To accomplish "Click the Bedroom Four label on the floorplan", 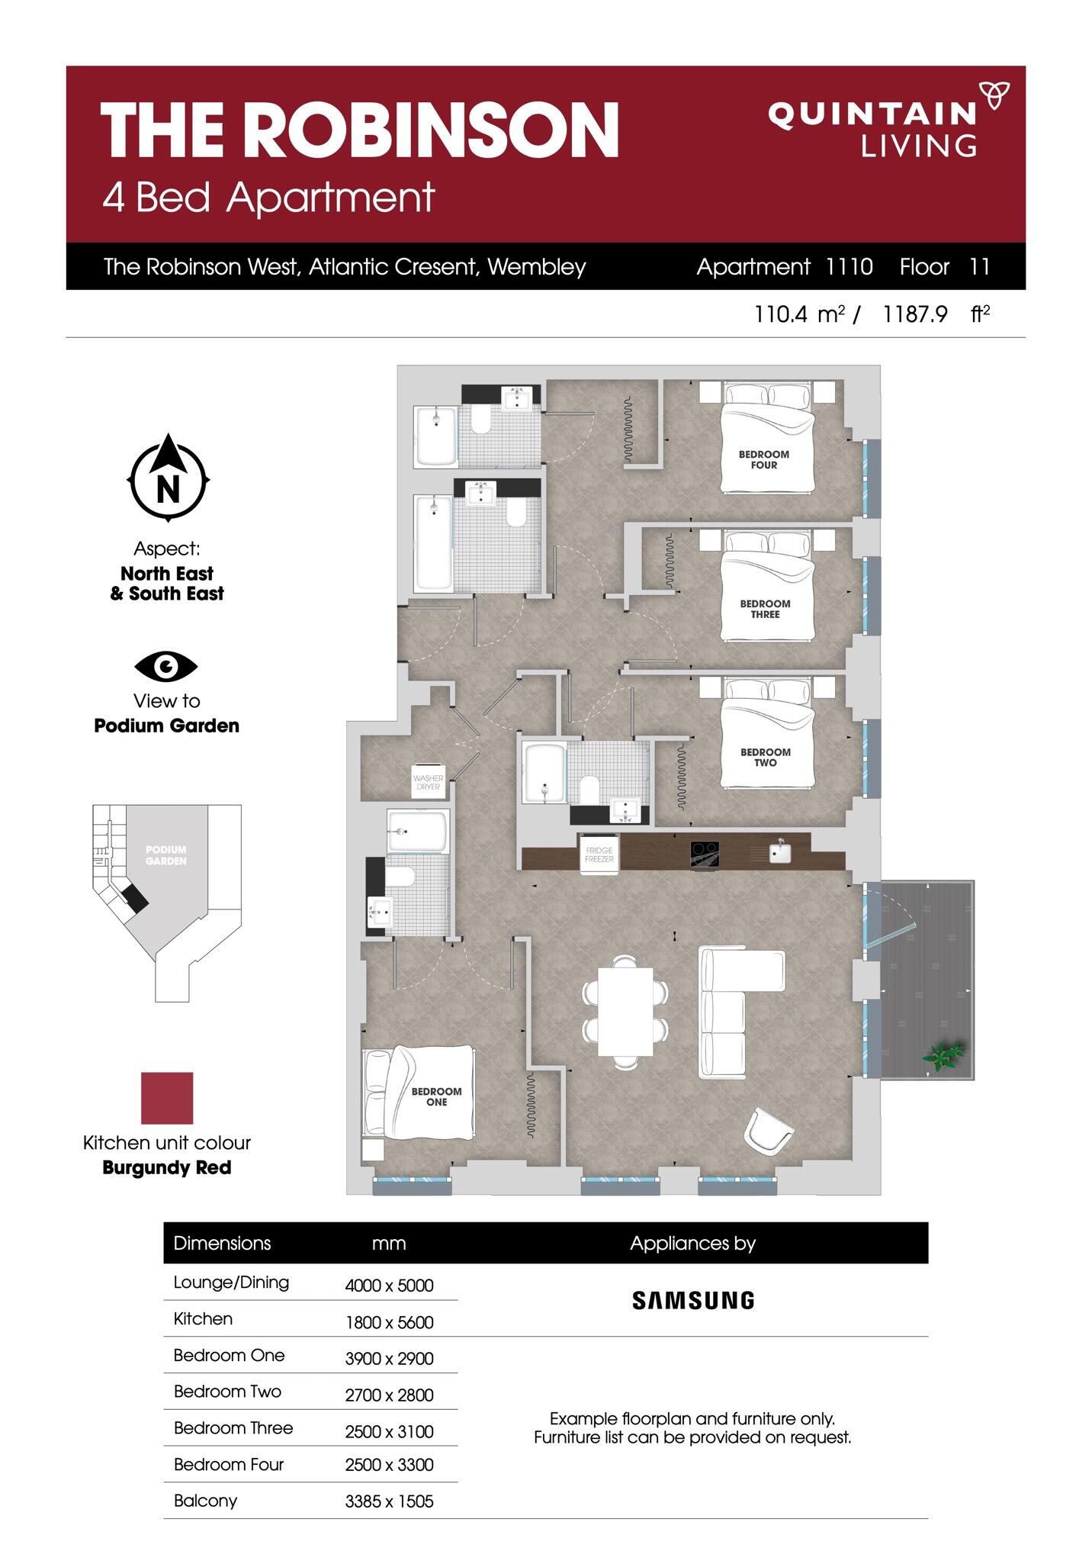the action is pyautogui.click(x=763, y=459).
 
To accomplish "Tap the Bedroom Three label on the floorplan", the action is pyautogui.click(x=765, y=609).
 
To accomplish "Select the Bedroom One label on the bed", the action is pyautogui.click(x=436, y=1096).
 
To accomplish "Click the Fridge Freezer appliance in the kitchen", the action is pyautogui.click(x=599, y=855).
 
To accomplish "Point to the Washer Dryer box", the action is pyautogui.click(x=428, y=782).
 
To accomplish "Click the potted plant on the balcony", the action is pyautogui.click(x=943, y=1056).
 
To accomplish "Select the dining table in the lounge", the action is pyautogui.click(x=625, y=1012).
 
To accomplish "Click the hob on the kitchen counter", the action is pyautogui.click(x=705, y=854).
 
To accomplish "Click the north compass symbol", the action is pyautogui.click(x=168, y=478).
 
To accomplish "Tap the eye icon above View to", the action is pyautogui.click(x=166, y=667).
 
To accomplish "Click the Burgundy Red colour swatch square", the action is pyautogui.click(x=167, y=1098).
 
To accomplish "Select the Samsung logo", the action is pyautogui.click(x=693, y=1300).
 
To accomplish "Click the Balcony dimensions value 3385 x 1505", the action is pyautogui.click(x=389, y=1502).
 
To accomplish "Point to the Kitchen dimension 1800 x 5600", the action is pyautogui.click(x=389, y=1322).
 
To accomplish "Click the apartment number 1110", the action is pyautogui.click(x=849, y=266).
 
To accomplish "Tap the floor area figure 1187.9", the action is pyautogui.click(x=914, y=314).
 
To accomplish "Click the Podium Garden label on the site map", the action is pyautogui.click(x=166, y=855).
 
